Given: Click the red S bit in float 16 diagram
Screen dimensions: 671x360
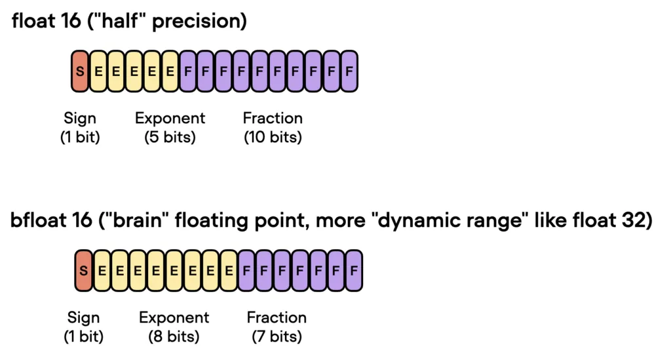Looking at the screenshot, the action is tap(80, 71).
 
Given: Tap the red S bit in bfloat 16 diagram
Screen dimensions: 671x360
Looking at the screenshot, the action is tap(84, 271).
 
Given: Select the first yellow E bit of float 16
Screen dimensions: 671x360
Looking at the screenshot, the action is tap(98, 71).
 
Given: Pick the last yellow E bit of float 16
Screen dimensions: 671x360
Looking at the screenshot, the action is tap(170, 71).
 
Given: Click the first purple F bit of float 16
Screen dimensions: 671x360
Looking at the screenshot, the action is tap(188, 71).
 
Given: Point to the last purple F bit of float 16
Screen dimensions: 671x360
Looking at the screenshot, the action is tap(349, 71).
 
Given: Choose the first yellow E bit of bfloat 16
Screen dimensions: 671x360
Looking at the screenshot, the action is tap(102, 271).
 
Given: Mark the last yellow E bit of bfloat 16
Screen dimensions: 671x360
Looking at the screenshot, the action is tap(229, 271).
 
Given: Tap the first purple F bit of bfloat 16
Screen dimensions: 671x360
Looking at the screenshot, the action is tap(246, 271).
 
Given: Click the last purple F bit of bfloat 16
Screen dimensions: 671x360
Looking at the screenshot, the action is tap(354, 271).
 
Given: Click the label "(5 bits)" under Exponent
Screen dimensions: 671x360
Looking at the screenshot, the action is tap(170, 138).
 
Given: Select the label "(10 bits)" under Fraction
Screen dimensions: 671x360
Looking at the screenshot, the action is tap(273, 138).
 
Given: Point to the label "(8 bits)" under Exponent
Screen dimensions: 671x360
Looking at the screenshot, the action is tap(174, 337).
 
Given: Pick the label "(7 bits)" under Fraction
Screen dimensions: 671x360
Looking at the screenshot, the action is tap(277, 337).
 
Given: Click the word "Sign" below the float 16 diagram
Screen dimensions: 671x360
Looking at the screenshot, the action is tap(80, 119).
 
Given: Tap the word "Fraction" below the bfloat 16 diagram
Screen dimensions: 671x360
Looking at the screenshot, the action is tap(277, 317).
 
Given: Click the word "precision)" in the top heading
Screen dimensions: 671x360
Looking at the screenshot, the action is tap(199, 22).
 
